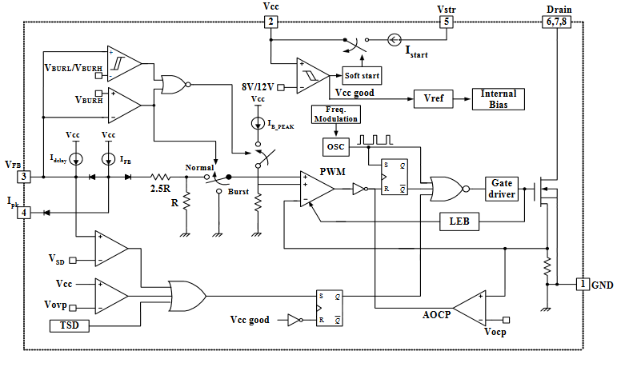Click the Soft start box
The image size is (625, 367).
click(x=362, y=76)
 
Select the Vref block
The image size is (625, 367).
click(x=434, y=98)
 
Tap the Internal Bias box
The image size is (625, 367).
click(x=498, y=98)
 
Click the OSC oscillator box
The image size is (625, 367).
click(x=335, y=147)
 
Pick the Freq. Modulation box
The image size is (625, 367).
click(x=335, y=114)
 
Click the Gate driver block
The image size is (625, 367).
click(x=502, y=189)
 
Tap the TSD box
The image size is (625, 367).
click(x=63, y=325)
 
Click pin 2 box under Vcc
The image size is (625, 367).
click(x=271, y=22)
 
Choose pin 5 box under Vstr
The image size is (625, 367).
click(x=447, y=22)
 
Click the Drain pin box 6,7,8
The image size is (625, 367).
click(x=559, y=22)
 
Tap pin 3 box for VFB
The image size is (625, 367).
click(x=25, y=177)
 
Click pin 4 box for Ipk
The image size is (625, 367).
click(x=25, y=212)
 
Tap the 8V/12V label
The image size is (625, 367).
click(x=258, y=86)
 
